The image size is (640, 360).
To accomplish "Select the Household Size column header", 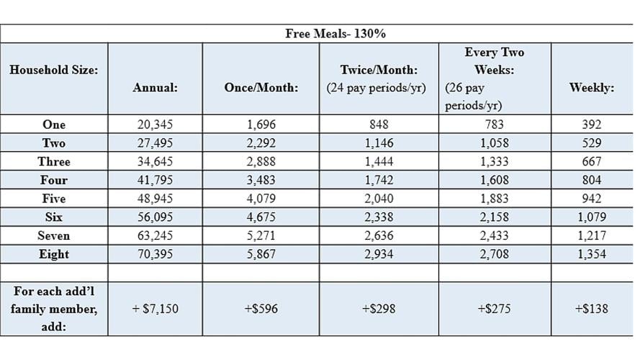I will (x=54, y=70).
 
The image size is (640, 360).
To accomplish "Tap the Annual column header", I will (x=155, y=88).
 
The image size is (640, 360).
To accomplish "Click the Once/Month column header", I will (x=261, y=88).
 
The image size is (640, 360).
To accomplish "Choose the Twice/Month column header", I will (x=379, y=79).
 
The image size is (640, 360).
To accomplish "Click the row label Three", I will (x=54, y=161).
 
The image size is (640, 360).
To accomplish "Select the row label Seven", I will (x=54, y=235).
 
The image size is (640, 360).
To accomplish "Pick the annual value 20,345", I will (x=155, y=125).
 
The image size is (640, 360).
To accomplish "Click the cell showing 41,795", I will (x=155, y=180).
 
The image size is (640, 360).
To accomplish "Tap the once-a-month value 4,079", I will (x=261, y=199).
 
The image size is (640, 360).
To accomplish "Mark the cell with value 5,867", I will (x=261, y=254).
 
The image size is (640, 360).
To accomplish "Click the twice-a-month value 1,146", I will (x=379, y=143).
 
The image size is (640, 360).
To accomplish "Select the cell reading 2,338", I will (x=379, y=217).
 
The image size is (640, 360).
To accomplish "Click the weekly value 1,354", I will (x=591, y=254).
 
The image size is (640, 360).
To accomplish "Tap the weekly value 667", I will (x=591, y=161).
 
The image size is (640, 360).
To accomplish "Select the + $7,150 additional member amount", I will (x=155, y=309).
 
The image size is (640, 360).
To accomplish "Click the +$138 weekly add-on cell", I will (x=591, y=309).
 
